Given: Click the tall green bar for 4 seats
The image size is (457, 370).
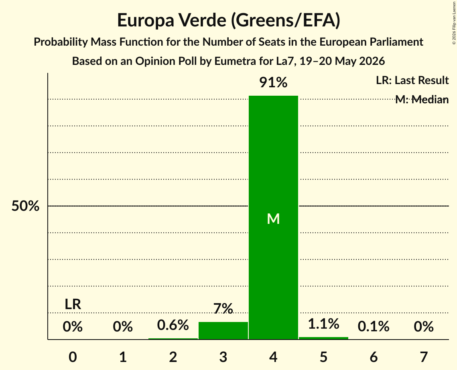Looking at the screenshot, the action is pyautogui.click(x=273, y=217).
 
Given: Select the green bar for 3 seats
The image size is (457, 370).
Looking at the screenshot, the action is pyautogui.click(x=223, y=330).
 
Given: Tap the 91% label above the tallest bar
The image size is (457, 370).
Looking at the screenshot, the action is pyautogui.click(x=273, y=82).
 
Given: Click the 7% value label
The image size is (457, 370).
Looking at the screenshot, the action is pyautogui.click(x=223, y=308).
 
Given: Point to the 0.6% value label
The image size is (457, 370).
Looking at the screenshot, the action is pyautogui.click(x=173, y=325).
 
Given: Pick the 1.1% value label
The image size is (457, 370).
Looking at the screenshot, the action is pyautogui.click(x=323, y=324).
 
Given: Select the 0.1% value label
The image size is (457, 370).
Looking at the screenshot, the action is pyautogui.click(x=374, y=327).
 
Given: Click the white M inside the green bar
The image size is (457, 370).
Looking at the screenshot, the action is pyautogui.click(x=273, y=219).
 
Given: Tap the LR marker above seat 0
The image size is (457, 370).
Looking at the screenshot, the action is pyautogui.click(x=73, y=304).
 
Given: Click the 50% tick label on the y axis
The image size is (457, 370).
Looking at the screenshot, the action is pyautogui.click(x=25, y=206).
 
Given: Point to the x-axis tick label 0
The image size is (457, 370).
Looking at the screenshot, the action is pyautogui.click(x=73, y=357).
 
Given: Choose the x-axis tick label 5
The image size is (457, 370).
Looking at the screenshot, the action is pyautogui.click(x=323, y=357).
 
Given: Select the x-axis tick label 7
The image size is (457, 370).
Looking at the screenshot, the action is pyautogui.click(x=424, y=357).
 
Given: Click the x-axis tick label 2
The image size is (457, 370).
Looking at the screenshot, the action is pyautogui.click(x=173, y=357).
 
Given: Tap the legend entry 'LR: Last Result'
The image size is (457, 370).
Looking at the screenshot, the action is pyautogui.click(x=412, y=80).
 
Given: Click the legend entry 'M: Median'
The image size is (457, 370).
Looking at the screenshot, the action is pyautogui.click(x=422, y=100).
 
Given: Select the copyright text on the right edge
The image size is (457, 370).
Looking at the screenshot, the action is pyautogui.click(x=454, y=23).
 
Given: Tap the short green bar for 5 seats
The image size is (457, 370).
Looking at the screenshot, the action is pyautogui.click(x=323, y=338).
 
